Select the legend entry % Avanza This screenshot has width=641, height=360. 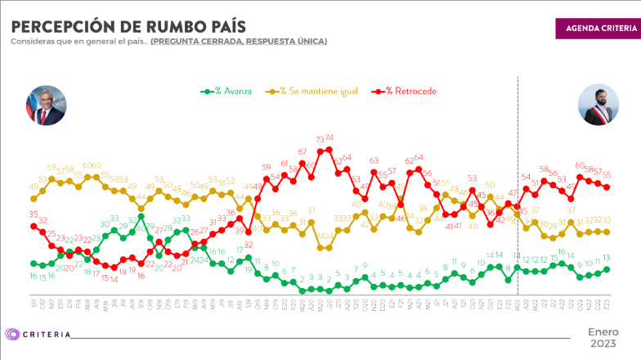[x=229, y=91]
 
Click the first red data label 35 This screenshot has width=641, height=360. [x=34, y=214]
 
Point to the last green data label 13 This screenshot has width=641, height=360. [x=607, y=258]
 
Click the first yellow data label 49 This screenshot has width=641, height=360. [x=34, y=187]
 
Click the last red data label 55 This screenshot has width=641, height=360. [x=607, y=174]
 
